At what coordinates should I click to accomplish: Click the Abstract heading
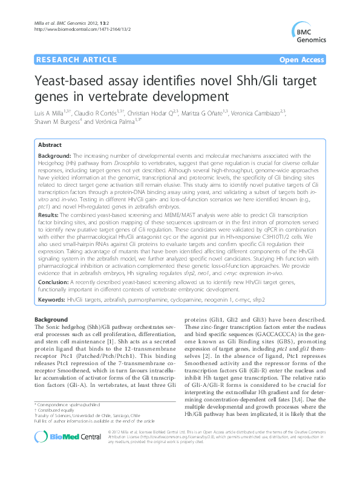coord(49,146)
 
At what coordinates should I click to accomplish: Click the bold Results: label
coord(49,215)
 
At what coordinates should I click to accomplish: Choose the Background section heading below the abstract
coord(51,319)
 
